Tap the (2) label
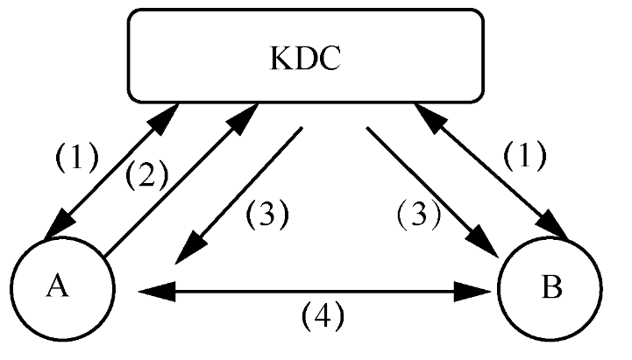[x=146, y=177]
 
